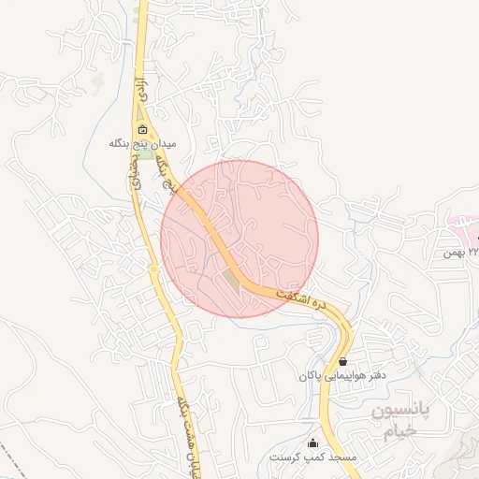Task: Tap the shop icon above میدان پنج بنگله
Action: tap(141, 130)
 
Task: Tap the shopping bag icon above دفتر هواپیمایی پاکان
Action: tap(343, 361)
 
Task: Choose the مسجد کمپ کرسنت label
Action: tap(312, 457)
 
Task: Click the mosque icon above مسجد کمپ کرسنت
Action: tap(312, 443)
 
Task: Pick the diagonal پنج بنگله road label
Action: tap(170, 177)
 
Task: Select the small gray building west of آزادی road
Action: tap(98, 80)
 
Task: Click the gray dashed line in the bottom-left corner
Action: tap(14, 457)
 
